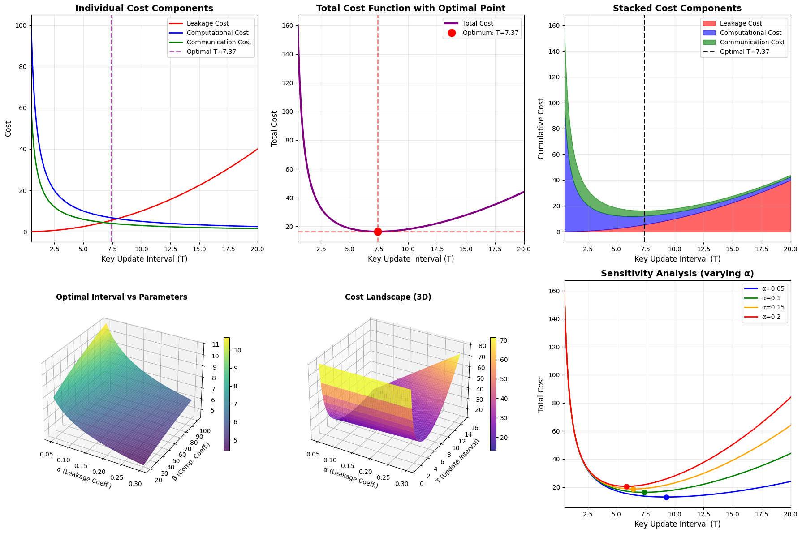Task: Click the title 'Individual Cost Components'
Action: pos(144,9)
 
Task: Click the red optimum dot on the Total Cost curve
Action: pos(378,232)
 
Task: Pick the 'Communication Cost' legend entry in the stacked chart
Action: pos(752,42)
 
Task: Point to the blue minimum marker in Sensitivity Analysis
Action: pos(666,497)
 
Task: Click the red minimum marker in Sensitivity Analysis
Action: pos(626,486)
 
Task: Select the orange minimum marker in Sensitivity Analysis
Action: pos(633,489)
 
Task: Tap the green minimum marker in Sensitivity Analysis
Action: pos(644,492)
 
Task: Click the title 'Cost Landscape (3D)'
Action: pos(388,297)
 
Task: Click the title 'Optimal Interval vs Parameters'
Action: pos(121,297)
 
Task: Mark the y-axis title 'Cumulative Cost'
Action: pos(541,129)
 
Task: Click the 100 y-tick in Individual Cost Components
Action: pos(22,26)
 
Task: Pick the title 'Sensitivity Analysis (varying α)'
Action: pos(677,274)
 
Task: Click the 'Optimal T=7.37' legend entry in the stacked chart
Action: pos(744,52)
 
